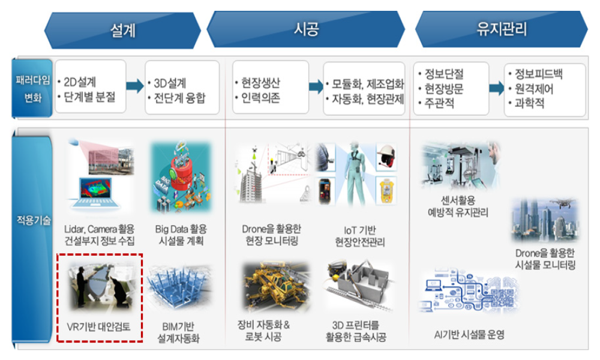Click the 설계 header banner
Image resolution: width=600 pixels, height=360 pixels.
tap(122, 31)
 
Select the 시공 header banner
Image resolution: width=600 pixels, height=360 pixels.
tap(306, 29)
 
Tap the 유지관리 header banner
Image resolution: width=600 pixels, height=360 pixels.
tap(501, 29)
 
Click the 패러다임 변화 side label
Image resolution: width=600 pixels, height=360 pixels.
tap(32, 88)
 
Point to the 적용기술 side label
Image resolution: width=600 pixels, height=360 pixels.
tap(33, 220)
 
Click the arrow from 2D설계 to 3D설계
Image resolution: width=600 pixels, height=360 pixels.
tap(134, 86)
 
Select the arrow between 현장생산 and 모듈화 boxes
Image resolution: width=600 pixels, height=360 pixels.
tap(316, 86)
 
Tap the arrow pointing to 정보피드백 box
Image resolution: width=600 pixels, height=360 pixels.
tap(496, 88)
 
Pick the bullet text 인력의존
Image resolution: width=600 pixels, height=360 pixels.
tap(260, 98)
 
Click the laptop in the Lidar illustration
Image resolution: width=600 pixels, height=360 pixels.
tap(95, 193)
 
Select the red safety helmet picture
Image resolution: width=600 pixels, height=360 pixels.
tap(386, 156)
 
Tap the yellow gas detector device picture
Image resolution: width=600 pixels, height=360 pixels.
tap(386, 191)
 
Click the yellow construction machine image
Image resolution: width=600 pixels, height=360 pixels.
tap(276, 286)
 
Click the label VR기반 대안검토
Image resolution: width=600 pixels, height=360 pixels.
tap(99, 327)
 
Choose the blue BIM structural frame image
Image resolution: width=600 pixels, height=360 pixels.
tap(179, 286)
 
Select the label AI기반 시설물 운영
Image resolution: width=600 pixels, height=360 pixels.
tap(469, 335)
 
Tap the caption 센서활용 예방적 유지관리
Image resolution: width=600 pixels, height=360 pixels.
tap(458, 206)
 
